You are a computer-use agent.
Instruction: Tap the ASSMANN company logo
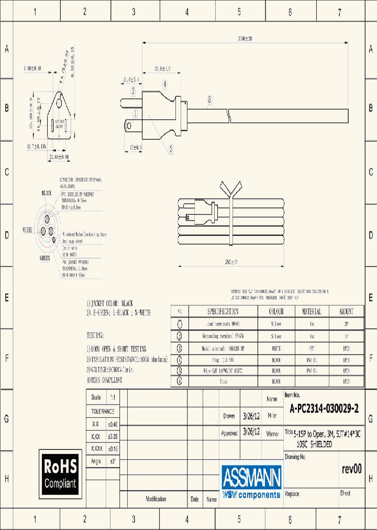(x=251, y=481)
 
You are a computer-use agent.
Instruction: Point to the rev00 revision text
(x=351, y=469)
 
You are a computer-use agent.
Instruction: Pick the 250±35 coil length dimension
(x=230, y=261)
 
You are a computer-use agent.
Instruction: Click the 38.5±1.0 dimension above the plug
(x=163, y=69)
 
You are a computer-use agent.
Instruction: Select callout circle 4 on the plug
(x=164, y=84)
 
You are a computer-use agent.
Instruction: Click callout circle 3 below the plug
(x=171, y=148)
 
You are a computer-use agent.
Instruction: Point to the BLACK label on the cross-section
(x=47, y=193)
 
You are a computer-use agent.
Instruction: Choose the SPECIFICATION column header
(x=223, y=311)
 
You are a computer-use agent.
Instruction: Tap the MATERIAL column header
(x=312, y=311)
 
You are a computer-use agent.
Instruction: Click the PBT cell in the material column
(x=312, y=348)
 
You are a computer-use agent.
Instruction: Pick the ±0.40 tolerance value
(x=113, y=424)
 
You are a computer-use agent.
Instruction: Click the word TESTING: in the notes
(x=95, y=335)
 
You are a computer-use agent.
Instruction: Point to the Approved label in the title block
(x=229, y=434)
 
